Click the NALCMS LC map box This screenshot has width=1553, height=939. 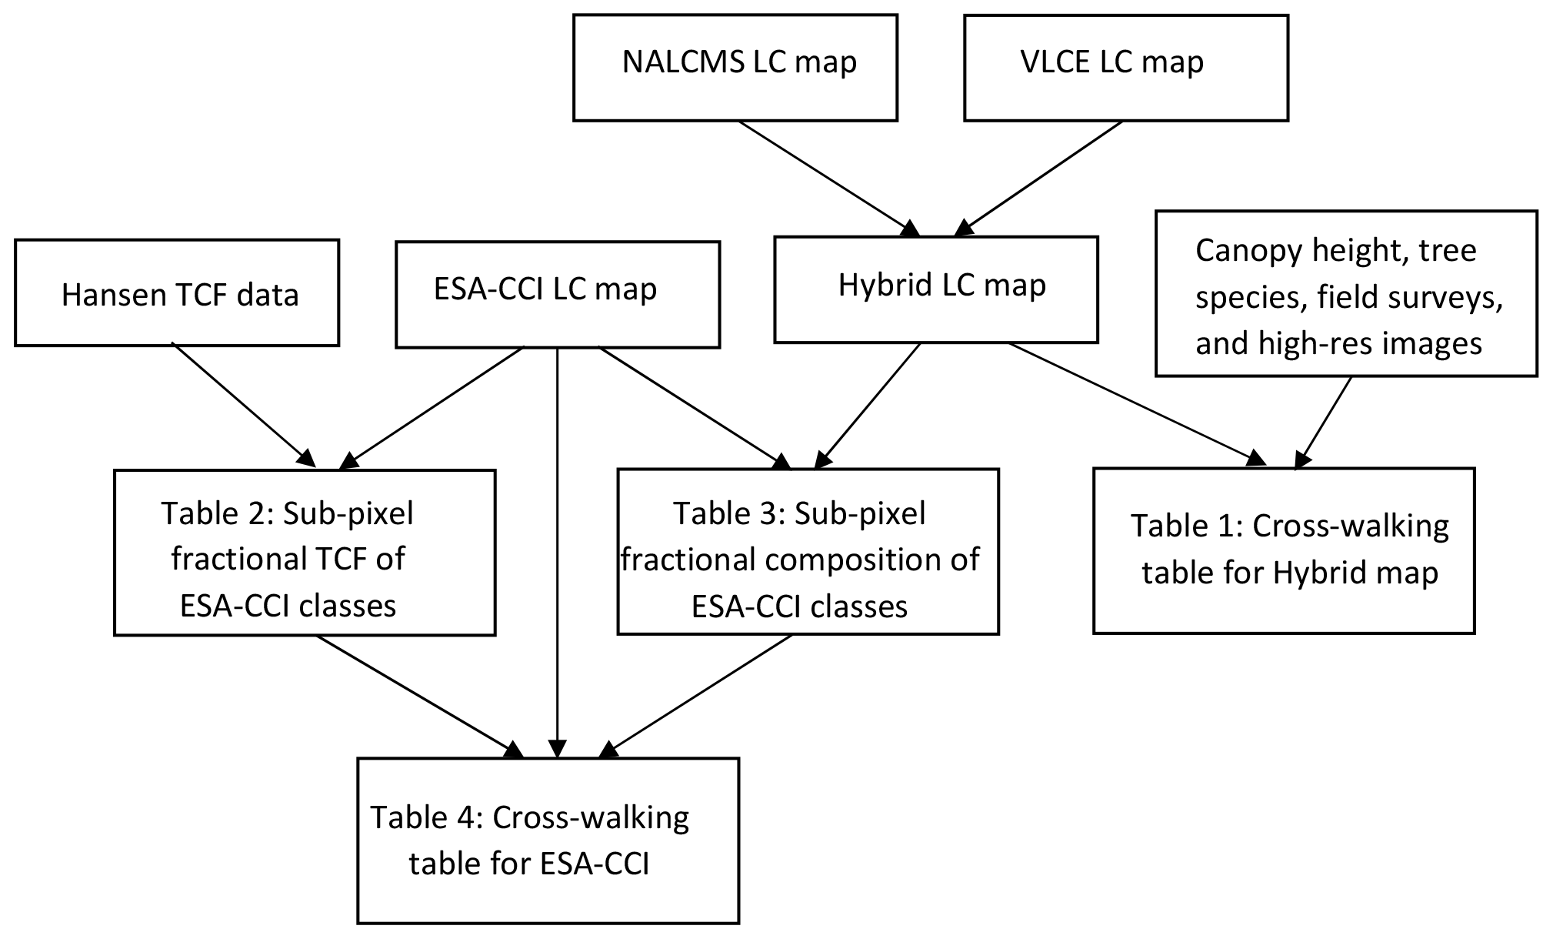tap(735, 68)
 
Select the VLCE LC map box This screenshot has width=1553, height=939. tap(1125, 68)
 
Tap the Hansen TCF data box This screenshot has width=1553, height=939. tap(176, 292)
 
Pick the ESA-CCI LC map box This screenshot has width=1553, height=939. tap(557, 294)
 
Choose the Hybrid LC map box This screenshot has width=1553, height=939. tap(935, 289)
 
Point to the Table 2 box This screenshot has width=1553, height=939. tap(304, 552)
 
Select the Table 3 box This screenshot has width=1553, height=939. tap(808, 551)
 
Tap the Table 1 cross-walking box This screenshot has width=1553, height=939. tap(1283, 550)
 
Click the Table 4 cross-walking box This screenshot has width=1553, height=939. tap(548, 840)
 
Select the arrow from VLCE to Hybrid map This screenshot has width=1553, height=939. tap(1038, 177)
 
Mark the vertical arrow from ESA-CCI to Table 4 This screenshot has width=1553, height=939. tap(557, 554)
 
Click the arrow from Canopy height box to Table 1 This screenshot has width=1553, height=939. tap(1325, 422)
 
